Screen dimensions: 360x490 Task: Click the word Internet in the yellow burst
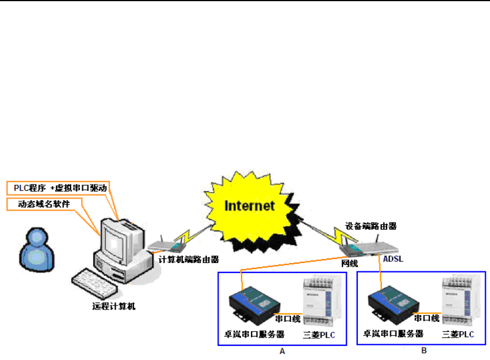(250, 206)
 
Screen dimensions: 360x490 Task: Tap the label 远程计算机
(113, 305)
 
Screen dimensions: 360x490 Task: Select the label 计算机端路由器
(187, 259)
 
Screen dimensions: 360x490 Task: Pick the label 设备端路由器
(371, 226)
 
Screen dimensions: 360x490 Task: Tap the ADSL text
(394, 258)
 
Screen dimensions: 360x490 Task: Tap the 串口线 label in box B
(427, 318)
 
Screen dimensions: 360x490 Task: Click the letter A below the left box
(282, 351)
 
